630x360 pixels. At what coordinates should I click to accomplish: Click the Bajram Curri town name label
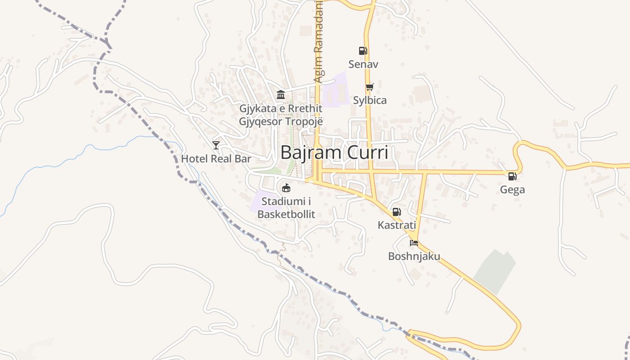click(334, 153)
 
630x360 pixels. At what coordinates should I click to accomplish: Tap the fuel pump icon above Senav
click(363, 51)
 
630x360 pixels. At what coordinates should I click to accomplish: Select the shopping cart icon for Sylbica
click(369, 87)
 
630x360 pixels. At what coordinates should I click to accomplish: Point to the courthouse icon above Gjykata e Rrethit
click(281, 94)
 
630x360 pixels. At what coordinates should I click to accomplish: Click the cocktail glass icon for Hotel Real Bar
click(216, 145)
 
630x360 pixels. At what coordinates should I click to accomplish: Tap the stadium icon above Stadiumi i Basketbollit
click(286, 188)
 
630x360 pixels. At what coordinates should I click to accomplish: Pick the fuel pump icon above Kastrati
click(396, 212)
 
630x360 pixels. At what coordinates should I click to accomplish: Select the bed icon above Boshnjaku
click(414, 243)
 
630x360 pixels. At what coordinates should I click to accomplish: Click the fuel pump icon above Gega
click(512, 176)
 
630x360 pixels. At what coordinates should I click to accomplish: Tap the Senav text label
click(363, 64)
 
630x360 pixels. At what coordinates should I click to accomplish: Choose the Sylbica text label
click(369, 100)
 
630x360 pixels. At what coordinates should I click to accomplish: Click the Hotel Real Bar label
click(216, 159)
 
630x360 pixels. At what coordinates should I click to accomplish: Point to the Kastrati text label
click(396, 225)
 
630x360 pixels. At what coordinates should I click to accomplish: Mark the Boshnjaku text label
click(414, 256)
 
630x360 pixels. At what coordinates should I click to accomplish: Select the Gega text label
click(512, 190)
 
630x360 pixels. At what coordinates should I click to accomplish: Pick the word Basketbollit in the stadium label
click(286, 214)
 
